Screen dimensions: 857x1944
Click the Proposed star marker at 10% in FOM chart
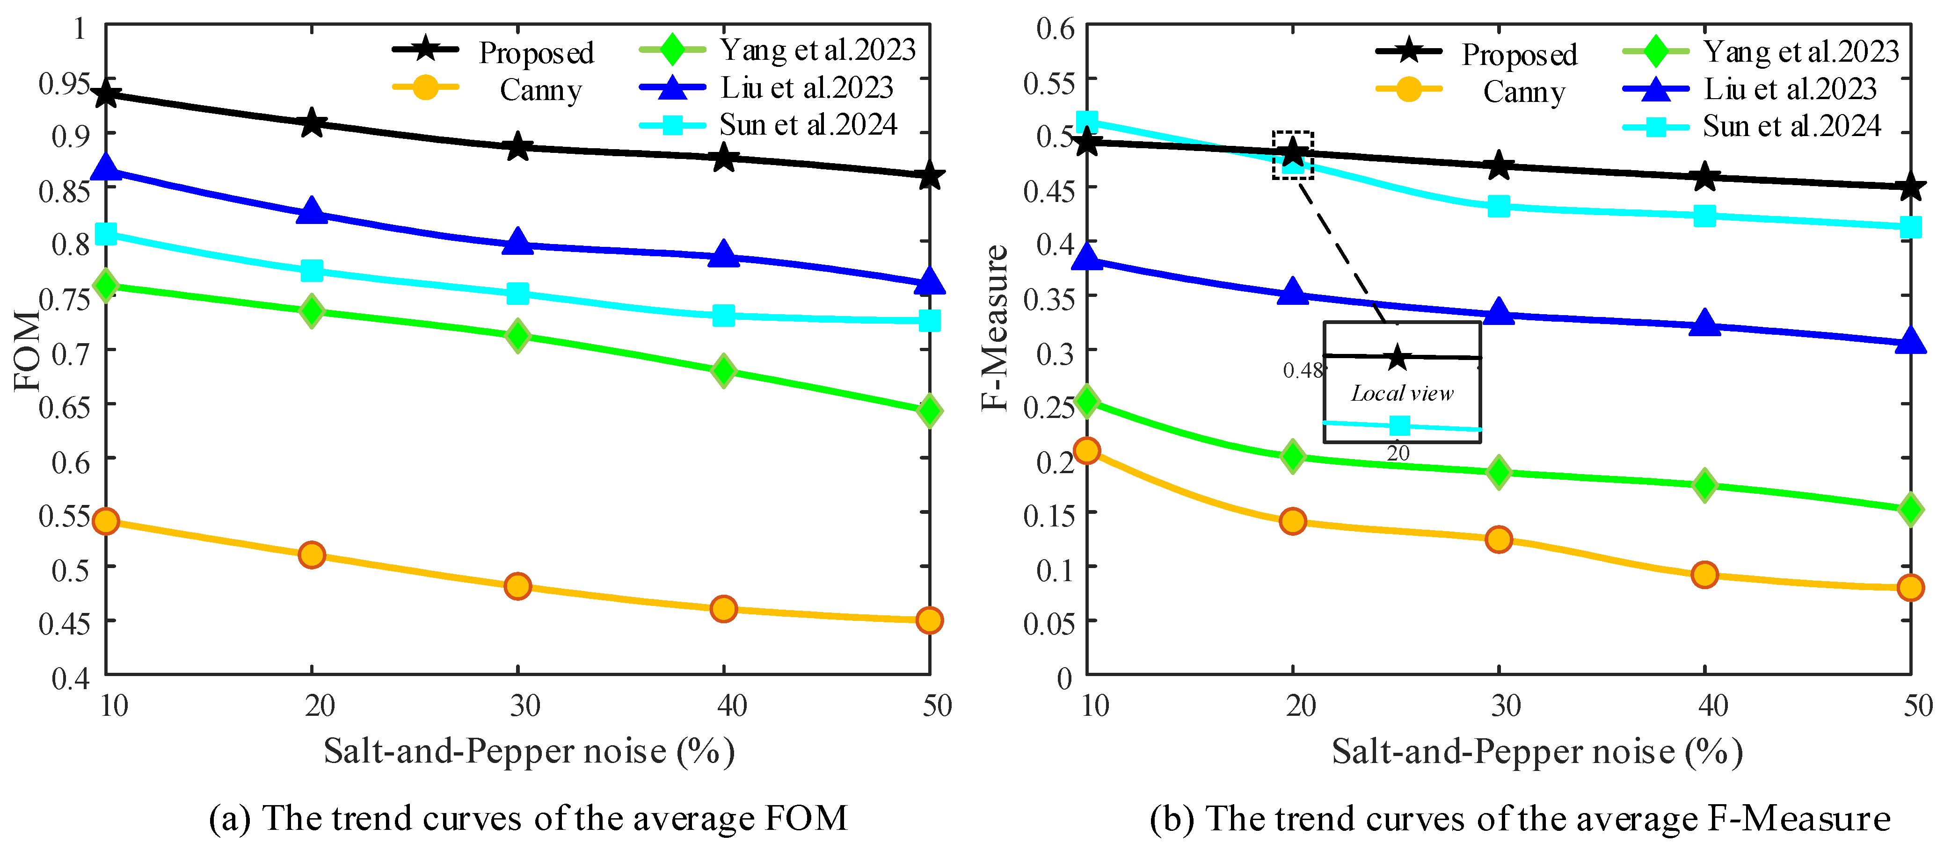[106, 95]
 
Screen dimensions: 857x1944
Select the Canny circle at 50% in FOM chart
[929, 620]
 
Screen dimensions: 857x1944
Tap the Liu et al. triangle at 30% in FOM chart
[517, 243]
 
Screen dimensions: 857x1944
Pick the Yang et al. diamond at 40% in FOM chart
[723, 370]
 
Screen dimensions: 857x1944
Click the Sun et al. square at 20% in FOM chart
[312, 270]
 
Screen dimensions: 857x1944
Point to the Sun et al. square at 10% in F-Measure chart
[1087, 122]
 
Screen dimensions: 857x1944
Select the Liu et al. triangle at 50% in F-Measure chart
[1910, 342]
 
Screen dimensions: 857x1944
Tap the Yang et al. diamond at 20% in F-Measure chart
[1293, 456]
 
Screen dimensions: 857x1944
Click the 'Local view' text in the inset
[1401, 393]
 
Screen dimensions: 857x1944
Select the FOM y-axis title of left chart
[26, 351]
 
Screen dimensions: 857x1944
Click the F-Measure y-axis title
[995, 328]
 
